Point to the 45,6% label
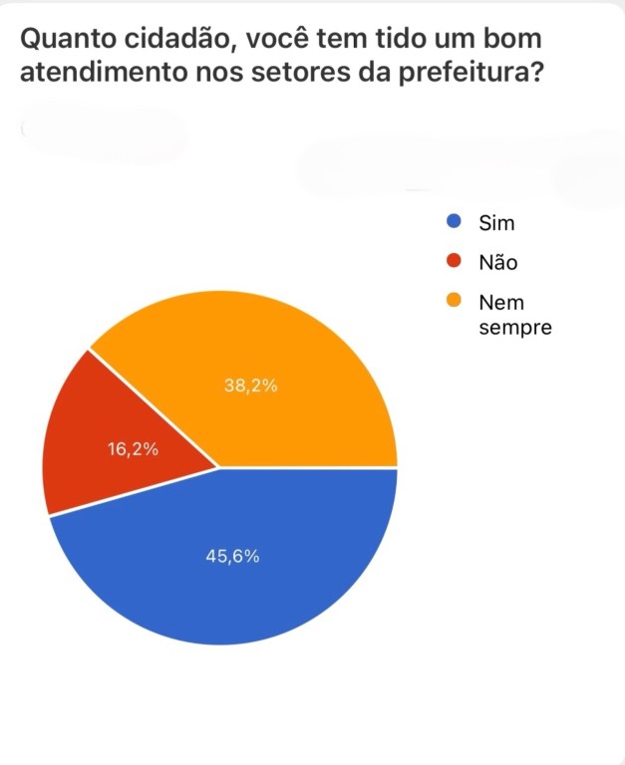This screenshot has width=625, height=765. pos(232,557)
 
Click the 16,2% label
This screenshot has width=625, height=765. pos(133,449)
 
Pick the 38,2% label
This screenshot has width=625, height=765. pos(251,386)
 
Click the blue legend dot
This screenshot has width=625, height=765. pos(454,222)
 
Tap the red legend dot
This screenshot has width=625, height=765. pos(454,262)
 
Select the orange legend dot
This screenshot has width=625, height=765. pos(454,302)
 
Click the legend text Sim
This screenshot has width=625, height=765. pos(496,223)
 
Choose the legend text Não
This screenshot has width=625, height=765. pos(498,262)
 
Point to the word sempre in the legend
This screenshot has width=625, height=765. pos(514,327)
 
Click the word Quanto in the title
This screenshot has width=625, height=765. pos(60,39)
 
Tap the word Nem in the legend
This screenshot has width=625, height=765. pos(500,302)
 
